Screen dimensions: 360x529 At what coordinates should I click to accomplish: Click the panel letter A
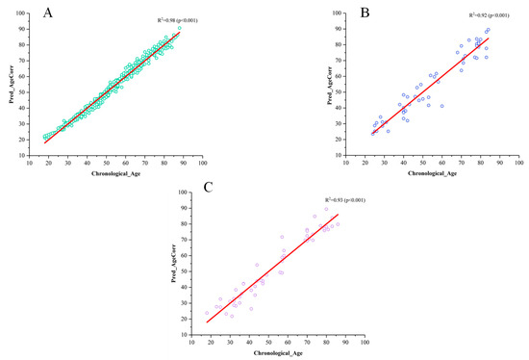pyautogui.click(x=19, y=13)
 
